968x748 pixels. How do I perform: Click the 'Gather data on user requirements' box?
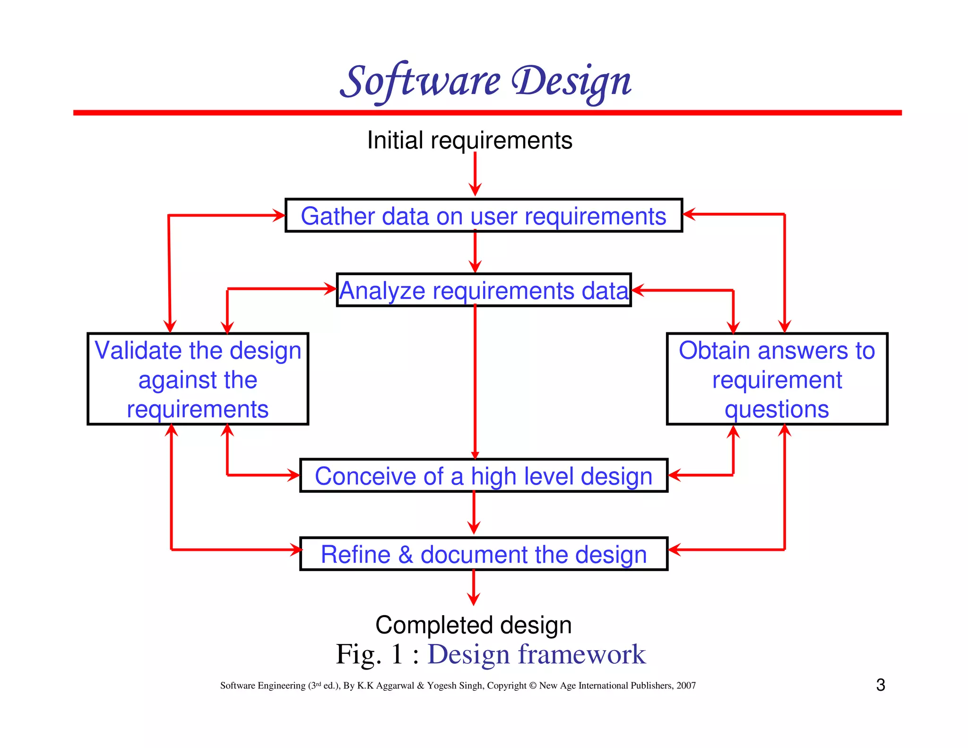tap(484, 216)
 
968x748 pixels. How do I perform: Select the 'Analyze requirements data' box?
tap(484, 290)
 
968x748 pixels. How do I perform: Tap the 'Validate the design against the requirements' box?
tap(198, 379)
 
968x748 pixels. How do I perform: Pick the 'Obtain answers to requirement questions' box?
tap(777, 379)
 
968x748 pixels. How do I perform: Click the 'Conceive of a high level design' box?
tap(484, 475)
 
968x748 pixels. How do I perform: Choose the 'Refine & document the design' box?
tap(484, 554)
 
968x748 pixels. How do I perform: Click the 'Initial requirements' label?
tap(469, 140)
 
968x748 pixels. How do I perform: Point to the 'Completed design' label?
tap(473, 625)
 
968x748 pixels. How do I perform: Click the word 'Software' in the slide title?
tap(420, 81)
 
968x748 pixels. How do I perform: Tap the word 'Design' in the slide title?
tap(571, 81)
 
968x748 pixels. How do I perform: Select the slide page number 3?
tap(880, 685)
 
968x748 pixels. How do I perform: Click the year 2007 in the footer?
tap(686, 686)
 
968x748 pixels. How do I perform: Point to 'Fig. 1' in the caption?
tap(369, 654)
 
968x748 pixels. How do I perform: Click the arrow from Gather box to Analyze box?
tap(475, 252)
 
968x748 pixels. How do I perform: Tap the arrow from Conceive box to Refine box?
tap(474, 513)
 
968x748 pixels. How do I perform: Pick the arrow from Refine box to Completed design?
tap(473, 588)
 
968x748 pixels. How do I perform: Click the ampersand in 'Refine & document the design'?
tap(406, 554)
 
